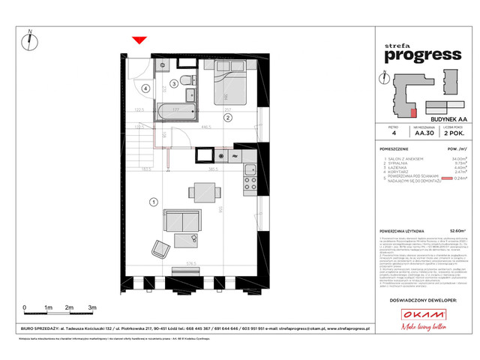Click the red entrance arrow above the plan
click(x=137, y=40)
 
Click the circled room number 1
click(x=153, y=201)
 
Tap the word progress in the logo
click(x=423, y=54)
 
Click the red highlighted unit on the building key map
click(x=413, y=112)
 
